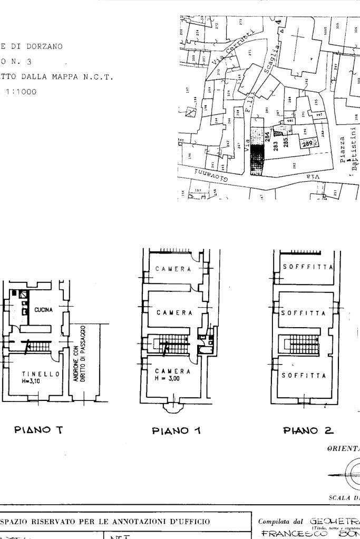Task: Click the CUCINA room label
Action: tap(44, 310)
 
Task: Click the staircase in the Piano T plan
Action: tap(38, 346)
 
